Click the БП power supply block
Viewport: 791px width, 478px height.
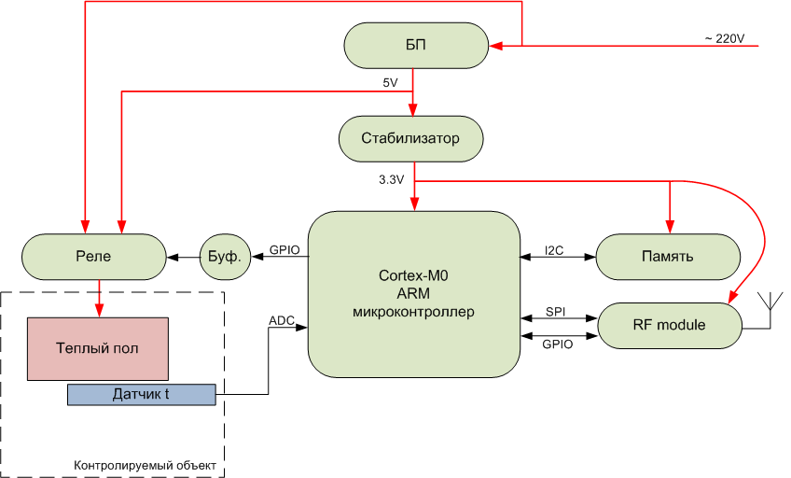416,45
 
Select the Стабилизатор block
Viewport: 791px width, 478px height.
411,138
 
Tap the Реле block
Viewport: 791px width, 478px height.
93,257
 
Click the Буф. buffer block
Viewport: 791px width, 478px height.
226,257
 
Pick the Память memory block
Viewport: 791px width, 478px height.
668,256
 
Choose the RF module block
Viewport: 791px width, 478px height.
668,325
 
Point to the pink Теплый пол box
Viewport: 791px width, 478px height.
98,348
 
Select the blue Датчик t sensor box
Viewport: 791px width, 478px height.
141,395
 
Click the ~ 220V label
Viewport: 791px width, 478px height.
724,38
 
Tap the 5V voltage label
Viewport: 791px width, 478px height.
391,83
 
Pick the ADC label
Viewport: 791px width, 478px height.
282,320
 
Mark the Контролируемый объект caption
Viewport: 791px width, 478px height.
145,465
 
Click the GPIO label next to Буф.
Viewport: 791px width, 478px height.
284,250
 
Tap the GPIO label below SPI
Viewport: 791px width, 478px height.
557,344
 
